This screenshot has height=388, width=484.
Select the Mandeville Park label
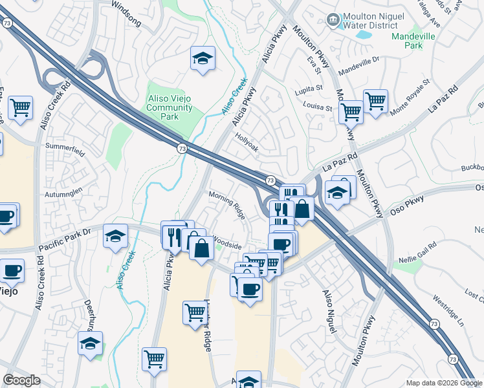click(x=413, y=41)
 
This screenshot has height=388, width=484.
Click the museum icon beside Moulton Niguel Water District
click(x=333, y=20)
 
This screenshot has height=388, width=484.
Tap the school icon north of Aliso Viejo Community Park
click(x=203, y=59)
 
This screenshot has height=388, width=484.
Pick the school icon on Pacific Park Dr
click(x=115, y=236)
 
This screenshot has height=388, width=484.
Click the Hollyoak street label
click(x=247, y=143)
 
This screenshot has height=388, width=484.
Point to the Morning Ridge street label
click(x=227, y=195)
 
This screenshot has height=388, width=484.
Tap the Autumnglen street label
click(x=63, y=193)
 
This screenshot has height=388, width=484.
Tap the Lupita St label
click(x=309, y=88)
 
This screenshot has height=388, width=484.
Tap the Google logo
click(x=21, y=380)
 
